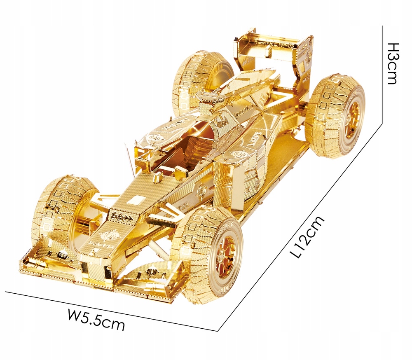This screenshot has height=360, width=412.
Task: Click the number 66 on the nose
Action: tap(117, 216)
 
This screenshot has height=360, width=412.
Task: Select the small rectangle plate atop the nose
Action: tap(138, 201)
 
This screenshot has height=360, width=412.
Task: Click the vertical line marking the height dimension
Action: tap(384, 74)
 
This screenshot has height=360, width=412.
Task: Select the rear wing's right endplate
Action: tap(305, 58)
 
